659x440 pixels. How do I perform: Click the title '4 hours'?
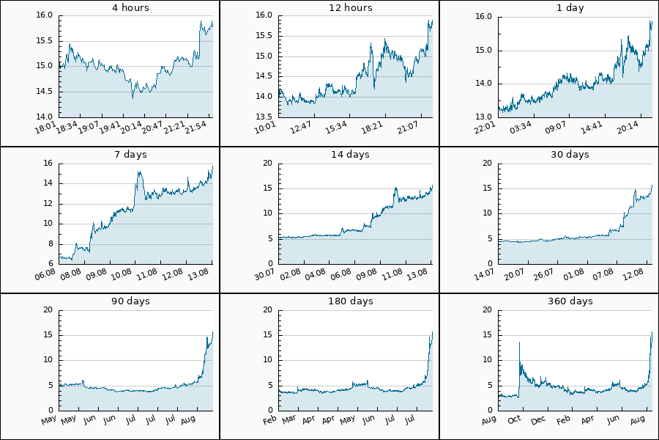coord(130,7)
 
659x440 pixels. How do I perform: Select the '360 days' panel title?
coord(570,301)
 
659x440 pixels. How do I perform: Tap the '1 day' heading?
coord(570,8)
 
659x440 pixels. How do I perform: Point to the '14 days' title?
coord(350,155)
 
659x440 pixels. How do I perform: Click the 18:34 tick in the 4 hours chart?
coord(67,127)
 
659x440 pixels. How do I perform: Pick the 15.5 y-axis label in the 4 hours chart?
coord(44,41)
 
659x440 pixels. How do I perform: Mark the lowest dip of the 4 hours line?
coord(133,98)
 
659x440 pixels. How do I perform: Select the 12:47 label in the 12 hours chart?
coord(300,127)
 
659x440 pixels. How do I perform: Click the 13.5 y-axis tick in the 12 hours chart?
coord(264,117)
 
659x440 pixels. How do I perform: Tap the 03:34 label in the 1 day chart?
coord(521,127)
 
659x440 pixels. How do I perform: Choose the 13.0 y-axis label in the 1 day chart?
coord(483,117)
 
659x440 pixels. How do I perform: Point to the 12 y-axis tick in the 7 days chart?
coord(48,203)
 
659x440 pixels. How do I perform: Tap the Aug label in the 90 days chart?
coord(188,419)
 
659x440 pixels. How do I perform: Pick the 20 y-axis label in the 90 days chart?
coord(48,310)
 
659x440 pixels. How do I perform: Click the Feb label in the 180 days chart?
coord(269,419)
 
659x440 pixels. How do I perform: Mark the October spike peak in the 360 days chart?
coord(519,342)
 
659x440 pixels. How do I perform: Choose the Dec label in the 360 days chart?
coord(538,419)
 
